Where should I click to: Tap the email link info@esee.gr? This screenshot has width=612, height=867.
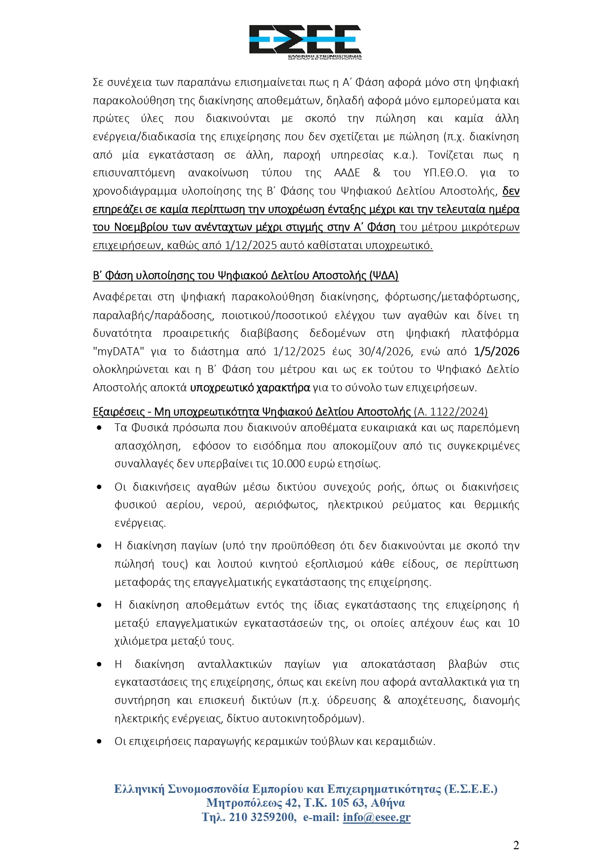(377, 817)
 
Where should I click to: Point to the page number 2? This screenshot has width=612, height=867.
(516, 845)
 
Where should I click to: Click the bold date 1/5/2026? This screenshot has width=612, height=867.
(497, 351)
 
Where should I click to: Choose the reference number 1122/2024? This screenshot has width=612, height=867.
(459, 412)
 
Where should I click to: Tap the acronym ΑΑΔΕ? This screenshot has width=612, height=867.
(347, 173)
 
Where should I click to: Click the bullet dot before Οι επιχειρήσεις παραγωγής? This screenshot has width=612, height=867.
(100, 742)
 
